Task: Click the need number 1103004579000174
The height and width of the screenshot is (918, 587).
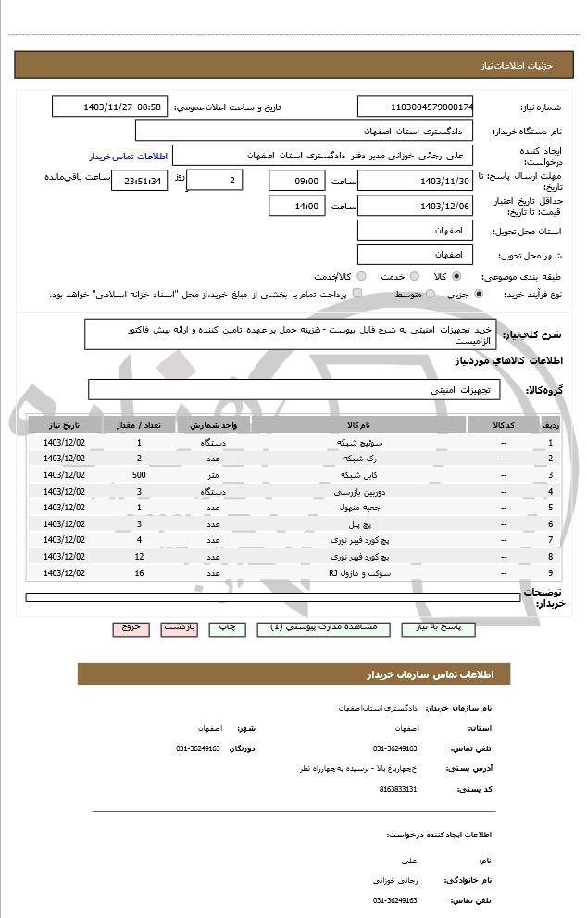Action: [416, 107]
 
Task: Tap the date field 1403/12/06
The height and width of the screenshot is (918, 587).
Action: [416, 207]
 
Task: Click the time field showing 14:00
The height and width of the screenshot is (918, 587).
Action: [297, 207]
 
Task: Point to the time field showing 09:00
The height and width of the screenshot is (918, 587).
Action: [297, 181]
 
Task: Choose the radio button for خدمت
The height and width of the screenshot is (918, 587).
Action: [414, 276]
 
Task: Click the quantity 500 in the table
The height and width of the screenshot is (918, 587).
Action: [139, 475]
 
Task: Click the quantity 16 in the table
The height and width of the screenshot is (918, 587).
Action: [139, 572]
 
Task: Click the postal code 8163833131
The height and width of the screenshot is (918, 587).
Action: [398, 788]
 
